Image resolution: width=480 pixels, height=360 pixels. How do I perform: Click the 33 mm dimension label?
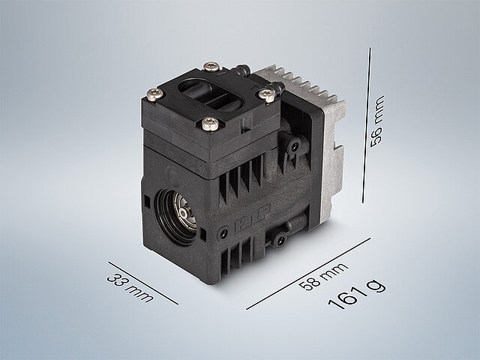point(130,288)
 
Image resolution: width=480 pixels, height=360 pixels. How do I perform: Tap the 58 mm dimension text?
point(323,276)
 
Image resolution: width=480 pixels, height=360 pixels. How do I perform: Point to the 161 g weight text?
point(357,295)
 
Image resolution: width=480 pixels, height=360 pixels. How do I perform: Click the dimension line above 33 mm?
point(143,283)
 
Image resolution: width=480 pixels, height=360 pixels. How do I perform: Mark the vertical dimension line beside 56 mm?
point(367,125)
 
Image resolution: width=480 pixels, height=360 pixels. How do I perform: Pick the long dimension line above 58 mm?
point(308,274)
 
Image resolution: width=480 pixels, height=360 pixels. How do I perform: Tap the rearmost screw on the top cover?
point(211,67)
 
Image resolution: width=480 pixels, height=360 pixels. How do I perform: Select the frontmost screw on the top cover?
point(210,123)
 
